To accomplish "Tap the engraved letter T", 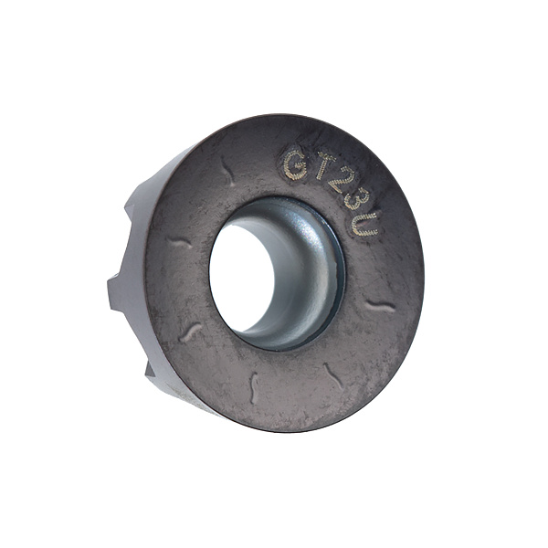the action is point(325,164).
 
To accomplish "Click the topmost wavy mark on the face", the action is point(227,170).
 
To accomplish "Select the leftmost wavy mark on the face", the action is point(178,242).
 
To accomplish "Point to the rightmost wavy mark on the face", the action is point(380,307).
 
